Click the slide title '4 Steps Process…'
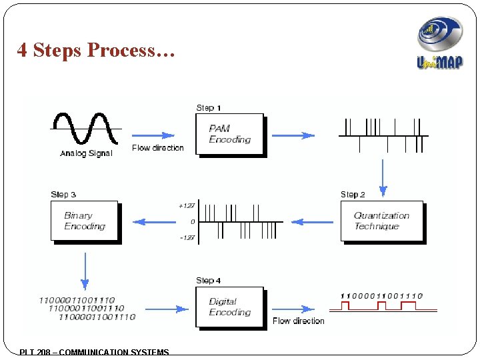click(96, 51)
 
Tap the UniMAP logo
click(439, 44)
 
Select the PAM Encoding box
click(230, 135)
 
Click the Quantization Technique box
click(381, 221)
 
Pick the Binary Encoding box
click(85, 221)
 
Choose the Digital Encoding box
click(229, 307)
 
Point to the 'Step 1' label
click(209, 107)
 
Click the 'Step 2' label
click(353, 194)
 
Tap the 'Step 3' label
click(63, 194)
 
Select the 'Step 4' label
click(209, 281)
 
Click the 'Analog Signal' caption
click(86, 153)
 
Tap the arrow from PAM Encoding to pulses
click(293, 135)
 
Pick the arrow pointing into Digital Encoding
click(166, 309)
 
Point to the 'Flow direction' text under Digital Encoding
click(298, 321)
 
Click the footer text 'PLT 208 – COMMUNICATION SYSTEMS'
click(95, 352)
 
